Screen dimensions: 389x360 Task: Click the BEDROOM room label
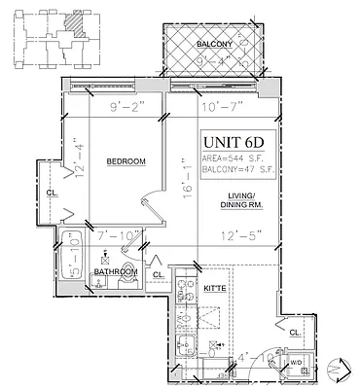pos(126,160)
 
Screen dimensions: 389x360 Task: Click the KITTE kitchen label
pos(214,288)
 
